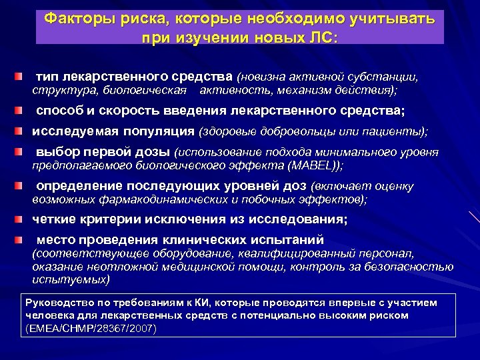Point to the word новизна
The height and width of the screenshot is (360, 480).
tap(267, 77)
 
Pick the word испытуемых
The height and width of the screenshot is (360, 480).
tap(71, 279)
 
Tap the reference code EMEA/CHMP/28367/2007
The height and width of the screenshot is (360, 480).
tap(89, 328)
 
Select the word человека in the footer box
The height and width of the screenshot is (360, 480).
tap(47, 315)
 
